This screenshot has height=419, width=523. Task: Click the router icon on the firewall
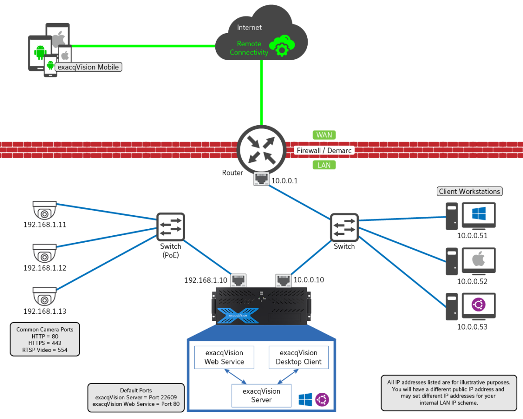tap(261, 150)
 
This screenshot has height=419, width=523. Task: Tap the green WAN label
tap(324, 135)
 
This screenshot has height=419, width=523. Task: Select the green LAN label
tap(324, 165)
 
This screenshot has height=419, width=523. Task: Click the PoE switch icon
tap(171, 227)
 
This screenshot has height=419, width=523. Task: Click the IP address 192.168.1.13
tap(45, 311)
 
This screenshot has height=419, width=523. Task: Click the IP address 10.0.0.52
tap(472, 282)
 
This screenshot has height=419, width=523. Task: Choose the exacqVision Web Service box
tap(224, 357)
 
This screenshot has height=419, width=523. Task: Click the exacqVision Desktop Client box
tap(299, 357)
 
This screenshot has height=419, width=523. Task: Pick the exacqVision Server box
tap(261, 395)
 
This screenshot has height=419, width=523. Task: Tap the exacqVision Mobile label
tap(88, 67)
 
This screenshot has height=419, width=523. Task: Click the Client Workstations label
tap(469, 191)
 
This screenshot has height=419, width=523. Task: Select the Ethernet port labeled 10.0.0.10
tap(283, 280)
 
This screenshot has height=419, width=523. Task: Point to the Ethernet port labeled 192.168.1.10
tap(238, 280)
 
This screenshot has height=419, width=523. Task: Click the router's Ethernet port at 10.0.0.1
tap(261, 179)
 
